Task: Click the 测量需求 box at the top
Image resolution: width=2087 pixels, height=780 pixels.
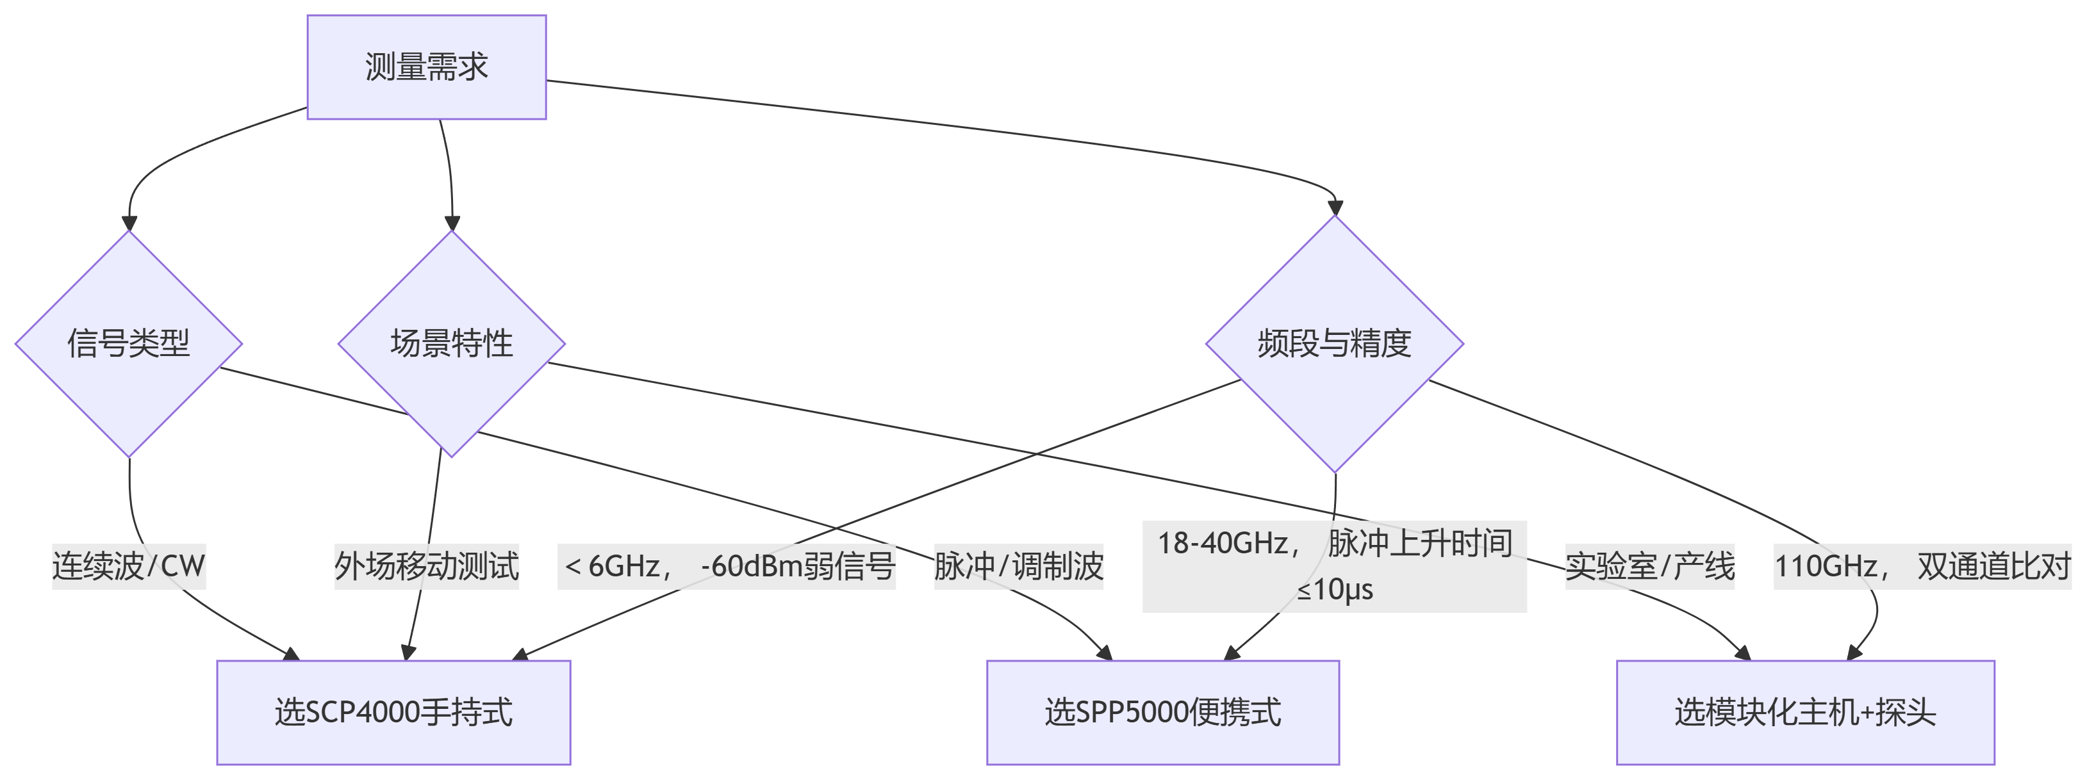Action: coord(426,67)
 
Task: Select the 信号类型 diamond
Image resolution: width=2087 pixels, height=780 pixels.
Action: coord(129,343)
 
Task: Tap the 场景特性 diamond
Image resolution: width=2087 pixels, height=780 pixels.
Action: coord(451,343)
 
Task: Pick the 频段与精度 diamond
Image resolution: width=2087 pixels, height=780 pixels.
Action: coord(1334,343)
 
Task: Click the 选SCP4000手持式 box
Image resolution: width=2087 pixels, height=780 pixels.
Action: coord(393,713)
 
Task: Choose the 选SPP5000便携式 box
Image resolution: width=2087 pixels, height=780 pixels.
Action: coord(1162,713)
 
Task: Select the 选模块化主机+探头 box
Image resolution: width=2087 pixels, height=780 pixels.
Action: coord(1805,713)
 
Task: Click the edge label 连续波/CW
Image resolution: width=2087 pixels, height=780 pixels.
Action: coord(129,565)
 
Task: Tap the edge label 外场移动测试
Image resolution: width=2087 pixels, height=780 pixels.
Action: coord(427,565)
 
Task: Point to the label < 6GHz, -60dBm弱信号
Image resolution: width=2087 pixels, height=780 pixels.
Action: coord(727,565)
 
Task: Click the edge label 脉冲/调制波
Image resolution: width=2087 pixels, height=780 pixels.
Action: coord(1018,565)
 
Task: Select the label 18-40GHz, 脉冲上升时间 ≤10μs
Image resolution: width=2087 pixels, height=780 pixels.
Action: coord(1334,565)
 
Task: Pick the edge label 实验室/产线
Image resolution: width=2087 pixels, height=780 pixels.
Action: coord(1649,565)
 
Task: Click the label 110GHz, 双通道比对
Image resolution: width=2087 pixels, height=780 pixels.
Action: coord(1922,565)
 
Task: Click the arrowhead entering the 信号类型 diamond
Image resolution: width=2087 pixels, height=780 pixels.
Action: coord(129,223)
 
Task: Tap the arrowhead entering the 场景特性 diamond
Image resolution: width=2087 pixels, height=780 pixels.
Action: coord(452,223)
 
